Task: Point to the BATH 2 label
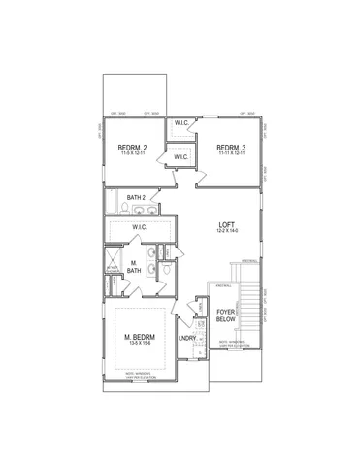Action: (135, 198)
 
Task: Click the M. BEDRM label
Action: (141, 337)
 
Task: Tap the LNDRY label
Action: (188, 339)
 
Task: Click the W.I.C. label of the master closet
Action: (140, 227)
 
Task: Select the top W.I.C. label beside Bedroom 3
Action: (181, 123)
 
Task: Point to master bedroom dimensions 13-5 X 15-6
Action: (141, 346)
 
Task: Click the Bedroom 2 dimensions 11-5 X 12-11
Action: (131, 154)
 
